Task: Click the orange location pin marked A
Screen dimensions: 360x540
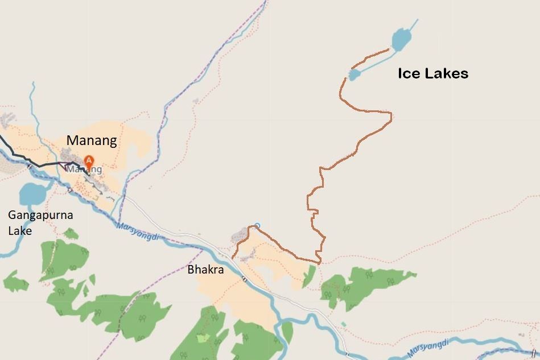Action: coord(88,161)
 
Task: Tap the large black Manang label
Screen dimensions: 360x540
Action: coord(92,140)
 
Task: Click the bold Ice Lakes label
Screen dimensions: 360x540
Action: coord(432,73)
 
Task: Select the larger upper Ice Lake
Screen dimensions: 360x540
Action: coord(401,39)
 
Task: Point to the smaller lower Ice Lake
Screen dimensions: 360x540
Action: coord(354,75)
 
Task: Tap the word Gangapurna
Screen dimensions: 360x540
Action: coord(40,216)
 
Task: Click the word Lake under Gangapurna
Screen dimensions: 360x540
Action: coord(19,231)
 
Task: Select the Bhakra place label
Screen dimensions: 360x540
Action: coord(205,270)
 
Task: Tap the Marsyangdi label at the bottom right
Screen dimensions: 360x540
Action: coord(428,347)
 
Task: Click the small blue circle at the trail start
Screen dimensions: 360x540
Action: coord(257,225)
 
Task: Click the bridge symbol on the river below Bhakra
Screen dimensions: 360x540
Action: coord(244,279)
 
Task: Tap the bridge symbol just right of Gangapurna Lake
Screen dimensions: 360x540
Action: coord(69,190)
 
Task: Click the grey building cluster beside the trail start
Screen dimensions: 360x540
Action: coord(240,233)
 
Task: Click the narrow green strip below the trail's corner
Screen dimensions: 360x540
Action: coord(309,276)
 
